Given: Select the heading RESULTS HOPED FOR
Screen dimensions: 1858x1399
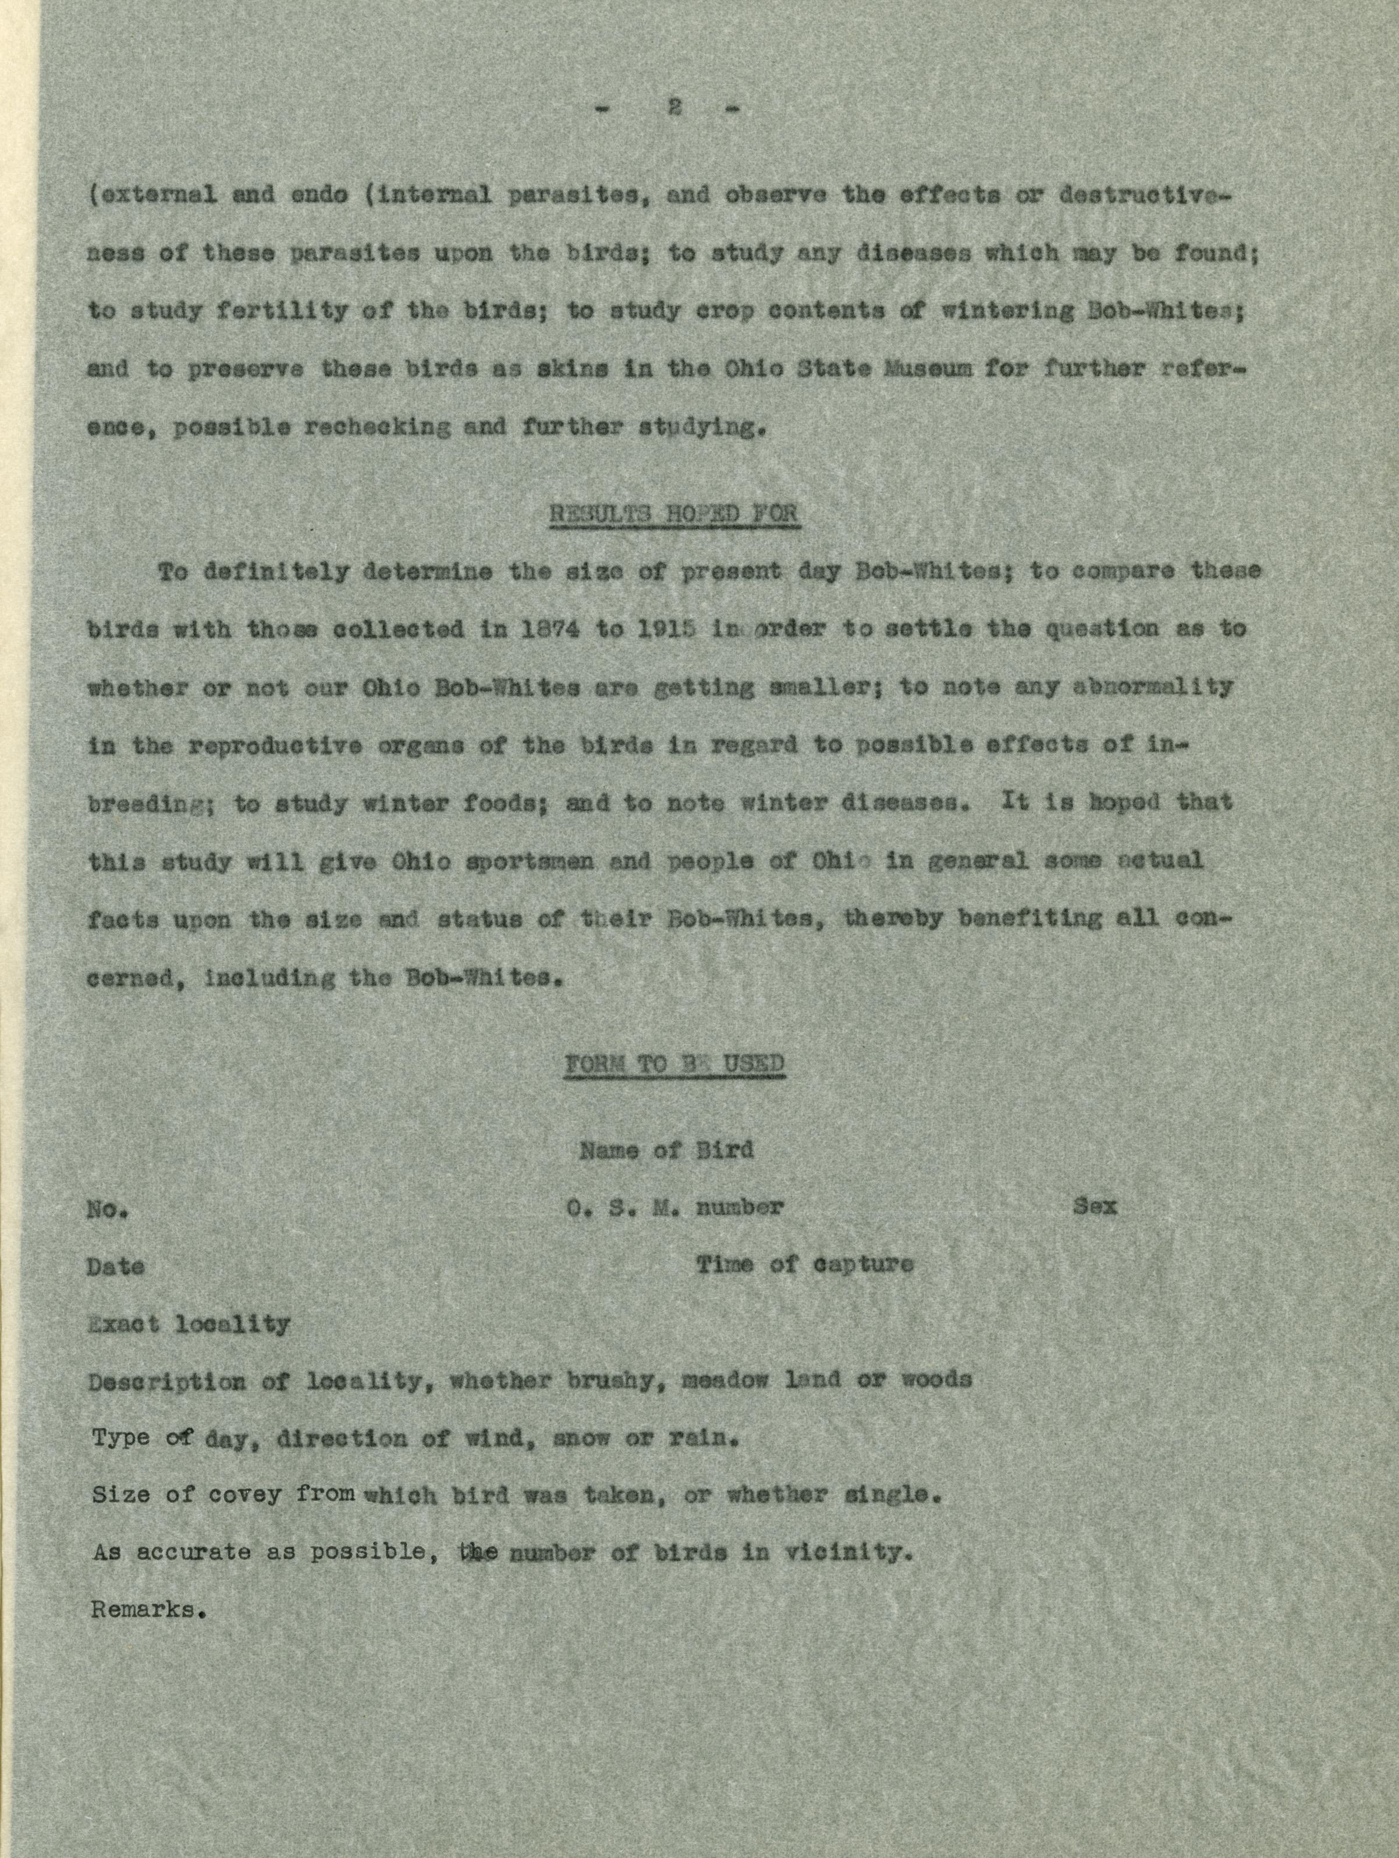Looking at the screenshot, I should [673, 513].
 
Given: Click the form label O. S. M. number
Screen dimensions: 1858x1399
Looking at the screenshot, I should [674, 1207].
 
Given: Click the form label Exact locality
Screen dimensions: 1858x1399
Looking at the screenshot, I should [189, 1325].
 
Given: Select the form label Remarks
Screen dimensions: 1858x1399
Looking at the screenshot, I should [148, 1610].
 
